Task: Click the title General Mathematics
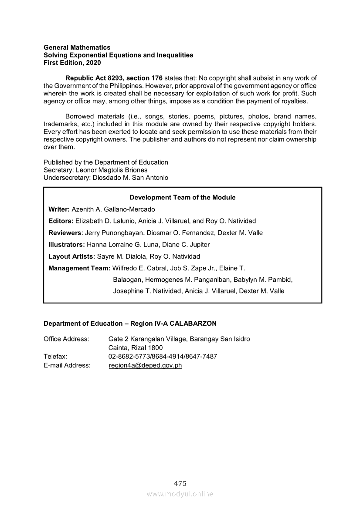(77, 47)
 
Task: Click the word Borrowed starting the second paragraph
(79, 116)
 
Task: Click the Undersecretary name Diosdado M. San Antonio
(130, 178)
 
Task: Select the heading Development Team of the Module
(182, 197)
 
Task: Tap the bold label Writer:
(59, 209)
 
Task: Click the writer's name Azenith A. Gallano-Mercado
(113, 209)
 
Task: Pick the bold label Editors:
(61, 221)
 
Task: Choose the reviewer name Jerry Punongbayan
(114, 233)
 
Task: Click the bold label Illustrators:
(67, 244)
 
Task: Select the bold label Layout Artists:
(71, 256)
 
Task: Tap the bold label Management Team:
(79, 268)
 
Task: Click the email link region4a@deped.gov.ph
(145, 365)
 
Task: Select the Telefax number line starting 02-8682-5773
(163, 357)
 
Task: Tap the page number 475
(180, 483)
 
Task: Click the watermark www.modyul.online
(180, 494)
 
